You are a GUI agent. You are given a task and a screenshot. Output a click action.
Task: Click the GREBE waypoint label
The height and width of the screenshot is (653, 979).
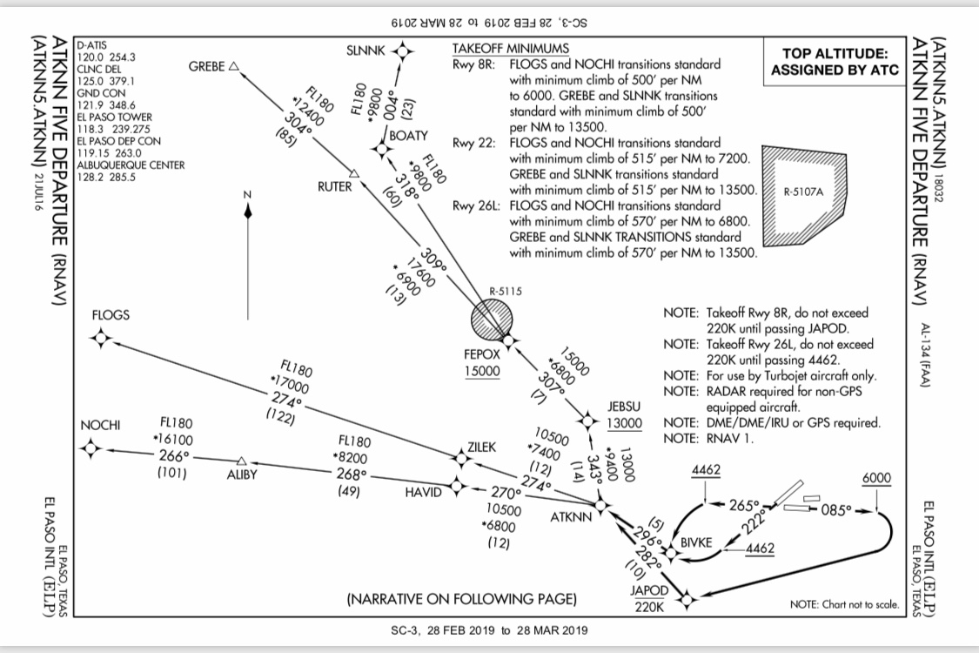(206, 66)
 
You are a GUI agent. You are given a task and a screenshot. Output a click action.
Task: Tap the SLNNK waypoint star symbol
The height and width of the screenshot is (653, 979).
(402, 52)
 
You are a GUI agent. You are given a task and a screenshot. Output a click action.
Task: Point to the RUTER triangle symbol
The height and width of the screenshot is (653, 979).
(353, 173)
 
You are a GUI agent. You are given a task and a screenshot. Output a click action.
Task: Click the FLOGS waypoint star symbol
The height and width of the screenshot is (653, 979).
(102, 338)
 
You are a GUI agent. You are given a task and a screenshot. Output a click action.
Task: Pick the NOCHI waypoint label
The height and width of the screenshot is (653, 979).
(99, 425)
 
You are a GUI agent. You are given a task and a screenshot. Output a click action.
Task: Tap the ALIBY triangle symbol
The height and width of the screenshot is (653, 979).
(242, 461)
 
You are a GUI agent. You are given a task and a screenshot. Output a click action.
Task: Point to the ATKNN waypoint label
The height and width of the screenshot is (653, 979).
(571, 517)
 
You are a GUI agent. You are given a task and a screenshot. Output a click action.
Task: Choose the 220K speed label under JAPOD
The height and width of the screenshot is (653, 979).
(649, 606)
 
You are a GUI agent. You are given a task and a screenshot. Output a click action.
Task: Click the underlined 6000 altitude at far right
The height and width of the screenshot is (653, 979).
(876, 480)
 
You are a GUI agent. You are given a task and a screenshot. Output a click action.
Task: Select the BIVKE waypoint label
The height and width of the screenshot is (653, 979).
(696, 543)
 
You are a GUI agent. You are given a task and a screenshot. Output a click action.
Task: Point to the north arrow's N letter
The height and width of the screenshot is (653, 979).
(248, 194)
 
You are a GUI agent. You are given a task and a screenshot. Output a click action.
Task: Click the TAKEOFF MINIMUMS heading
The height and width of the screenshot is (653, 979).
(510, 48)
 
